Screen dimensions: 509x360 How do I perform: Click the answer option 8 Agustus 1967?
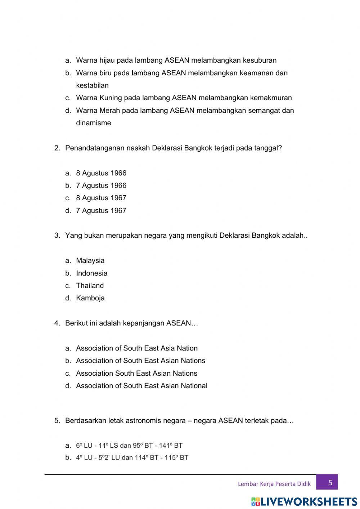click(101, 198)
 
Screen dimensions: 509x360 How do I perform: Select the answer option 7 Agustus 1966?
click(101, 186)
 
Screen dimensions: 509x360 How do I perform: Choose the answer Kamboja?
click(90, 298)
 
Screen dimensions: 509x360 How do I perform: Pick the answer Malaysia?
click(90, 260)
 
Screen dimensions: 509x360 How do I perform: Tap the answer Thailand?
click(90, 286)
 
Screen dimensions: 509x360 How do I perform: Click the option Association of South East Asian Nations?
click(140, 361)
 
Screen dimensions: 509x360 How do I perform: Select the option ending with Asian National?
click(141, 386)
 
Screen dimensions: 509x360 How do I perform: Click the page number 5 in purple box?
click(330, 482)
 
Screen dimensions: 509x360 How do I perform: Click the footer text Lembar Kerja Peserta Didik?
click(274, 484)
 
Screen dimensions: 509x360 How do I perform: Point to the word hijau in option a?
click(107, 61)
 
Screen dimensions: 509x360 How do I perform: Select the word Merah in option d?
click(110, 111)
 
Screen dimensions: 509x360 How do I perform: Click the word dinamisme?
click(94, 123)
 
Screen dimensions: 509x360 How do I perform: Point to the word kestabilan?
click(92, 85)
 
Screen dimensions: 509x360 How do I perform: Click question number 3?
click(57, 236)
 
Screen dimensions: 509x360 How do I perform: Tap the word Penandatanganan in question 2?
click(95, 148)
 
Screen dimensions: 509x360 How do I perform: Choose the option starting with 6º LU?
click(129, 446)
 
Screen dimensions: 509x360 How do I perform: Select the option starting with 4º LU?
click(132, 458)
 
